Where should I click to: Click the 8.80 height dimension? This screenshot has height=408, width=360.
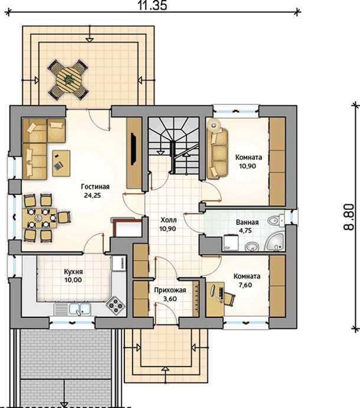coord(349,217)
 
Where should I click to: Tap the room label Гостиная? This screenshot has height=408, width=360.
coord(95,186)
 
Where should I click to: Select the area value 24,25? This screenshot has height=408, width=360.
coord(93,195)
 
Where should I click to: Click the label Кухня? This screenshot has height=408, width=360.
coord(73,272)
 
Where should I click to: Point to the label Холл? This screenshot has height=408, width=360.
coord(169,220)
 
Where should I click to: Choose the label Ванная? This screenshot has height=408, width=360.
coord(247,222)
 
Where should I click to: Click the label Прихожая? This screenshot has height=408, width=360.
coord(170,290)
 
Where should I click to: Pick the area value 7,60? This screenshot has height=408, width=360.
coord(246,285)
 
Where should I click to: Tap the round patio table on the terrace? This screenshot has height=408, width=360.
coord(68,79)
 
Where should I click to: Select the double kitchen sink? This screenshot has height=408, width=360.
coord(80,309)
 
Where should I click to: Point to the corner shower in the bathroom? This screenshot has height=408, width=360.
coord(274,242)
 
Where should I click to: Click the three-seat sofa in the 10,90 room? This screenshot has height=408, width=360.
coord(217,153)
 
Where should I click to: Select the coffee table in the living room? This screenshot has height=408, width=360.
coord(61,163)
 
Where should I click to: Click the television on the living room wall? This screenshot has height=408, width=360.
coord(133,149)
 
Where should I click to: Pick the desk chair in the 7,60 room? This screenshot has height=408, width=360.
coord(229,297)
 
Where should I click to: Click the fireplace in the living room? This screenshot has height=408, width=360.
coord(126,226)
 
